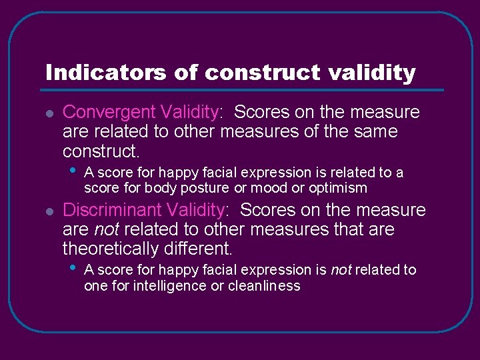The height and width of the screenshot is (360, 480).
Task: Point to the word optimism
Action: [x=338, y=188]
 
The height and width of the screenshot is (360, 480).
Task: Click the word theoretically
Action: [x=117, y=249]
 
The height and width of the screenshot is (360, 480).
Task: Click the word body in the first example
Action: [x=157, y=188]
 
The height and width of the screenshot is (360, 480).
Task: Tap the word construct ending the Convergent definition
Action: [x=101, y=151]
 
